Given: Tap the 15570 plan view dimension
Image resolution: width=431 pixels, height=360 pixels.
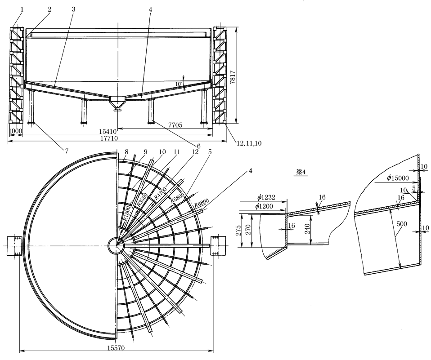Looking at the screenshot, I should click(x=116, y=348).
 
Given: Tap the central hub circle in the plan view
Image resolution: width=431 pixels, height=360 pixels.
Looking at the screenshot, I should click(x=116, y=245).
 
